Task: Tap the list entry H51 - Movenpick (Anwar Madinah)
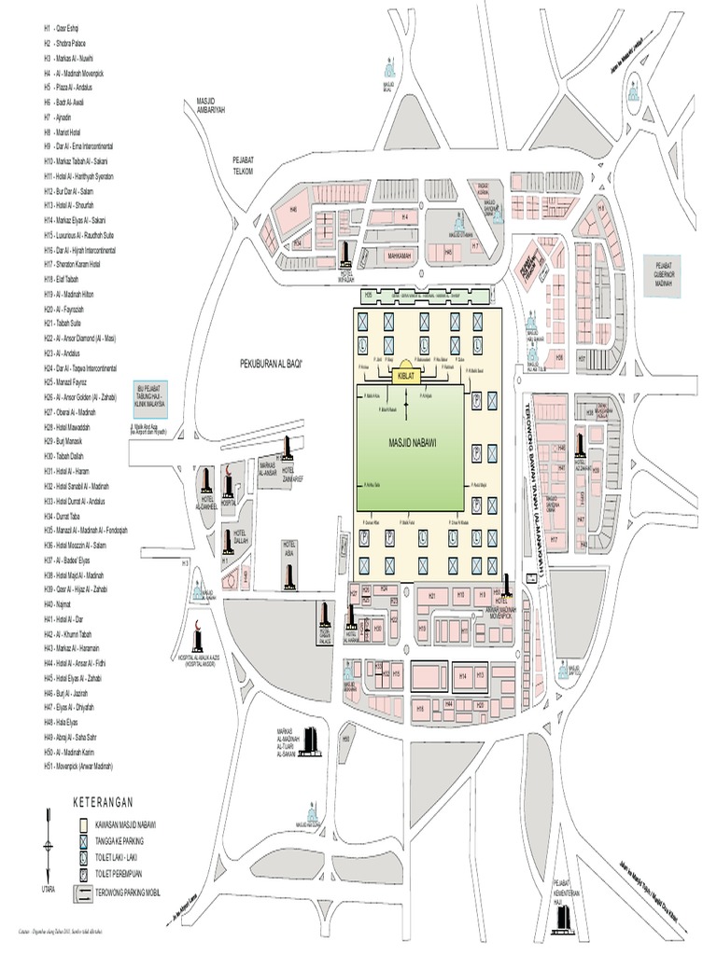[x=83, y=767]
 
